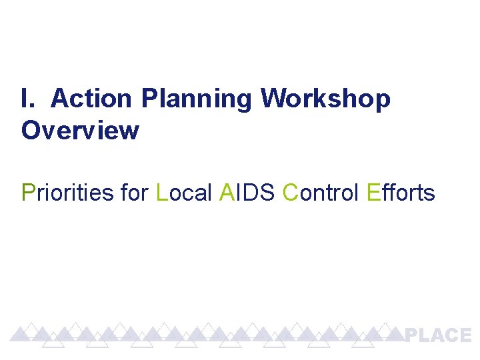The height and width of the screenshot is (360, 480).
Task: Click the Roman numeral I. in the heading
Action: pos(27,99)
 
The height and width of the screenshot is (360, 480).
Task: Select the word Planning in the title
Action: pos(197,100)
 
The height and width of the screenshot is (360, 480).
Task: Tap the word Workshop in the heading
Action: pos(325,100)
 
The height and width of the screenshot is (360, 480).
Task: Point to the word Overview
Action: pos(80,131)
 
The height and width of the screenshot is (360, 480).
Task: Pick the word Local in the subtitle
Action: pos(183,193)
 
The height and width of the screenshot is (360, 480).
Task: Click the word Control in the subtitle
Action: pos(321,193)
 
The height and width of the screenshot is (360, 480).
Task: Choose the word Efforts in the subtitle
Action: pos(401,193)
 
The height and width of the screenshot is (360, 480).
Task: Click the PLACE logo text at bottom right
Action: pos(438,335)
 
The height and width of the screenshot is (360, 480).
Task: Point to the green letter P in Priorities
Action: pos(28,193)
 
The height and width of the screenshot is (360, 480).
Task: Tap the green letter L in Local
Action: pos(161,193)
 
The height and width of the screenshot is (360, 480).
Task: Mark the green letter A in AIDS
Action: pos(225,193)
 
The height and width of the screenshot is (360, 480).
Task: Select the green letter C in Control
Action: pos(290,193)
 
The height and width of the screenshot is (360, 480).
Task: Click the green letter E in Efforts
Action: pos(373,193)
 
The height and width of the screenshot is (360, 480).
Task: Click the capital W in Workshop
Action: pos(272,99)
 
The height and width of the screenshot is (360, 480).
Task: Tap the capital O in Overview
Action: pos(31,131)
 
